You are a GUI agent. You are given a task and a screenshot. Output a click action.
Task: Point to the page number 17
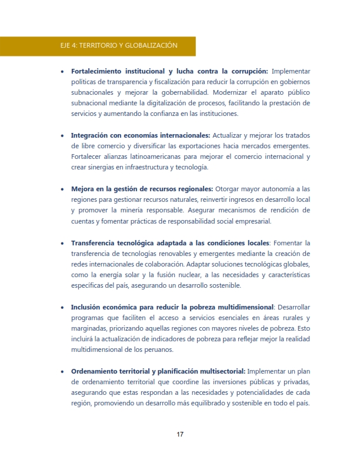click(180, 435)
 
